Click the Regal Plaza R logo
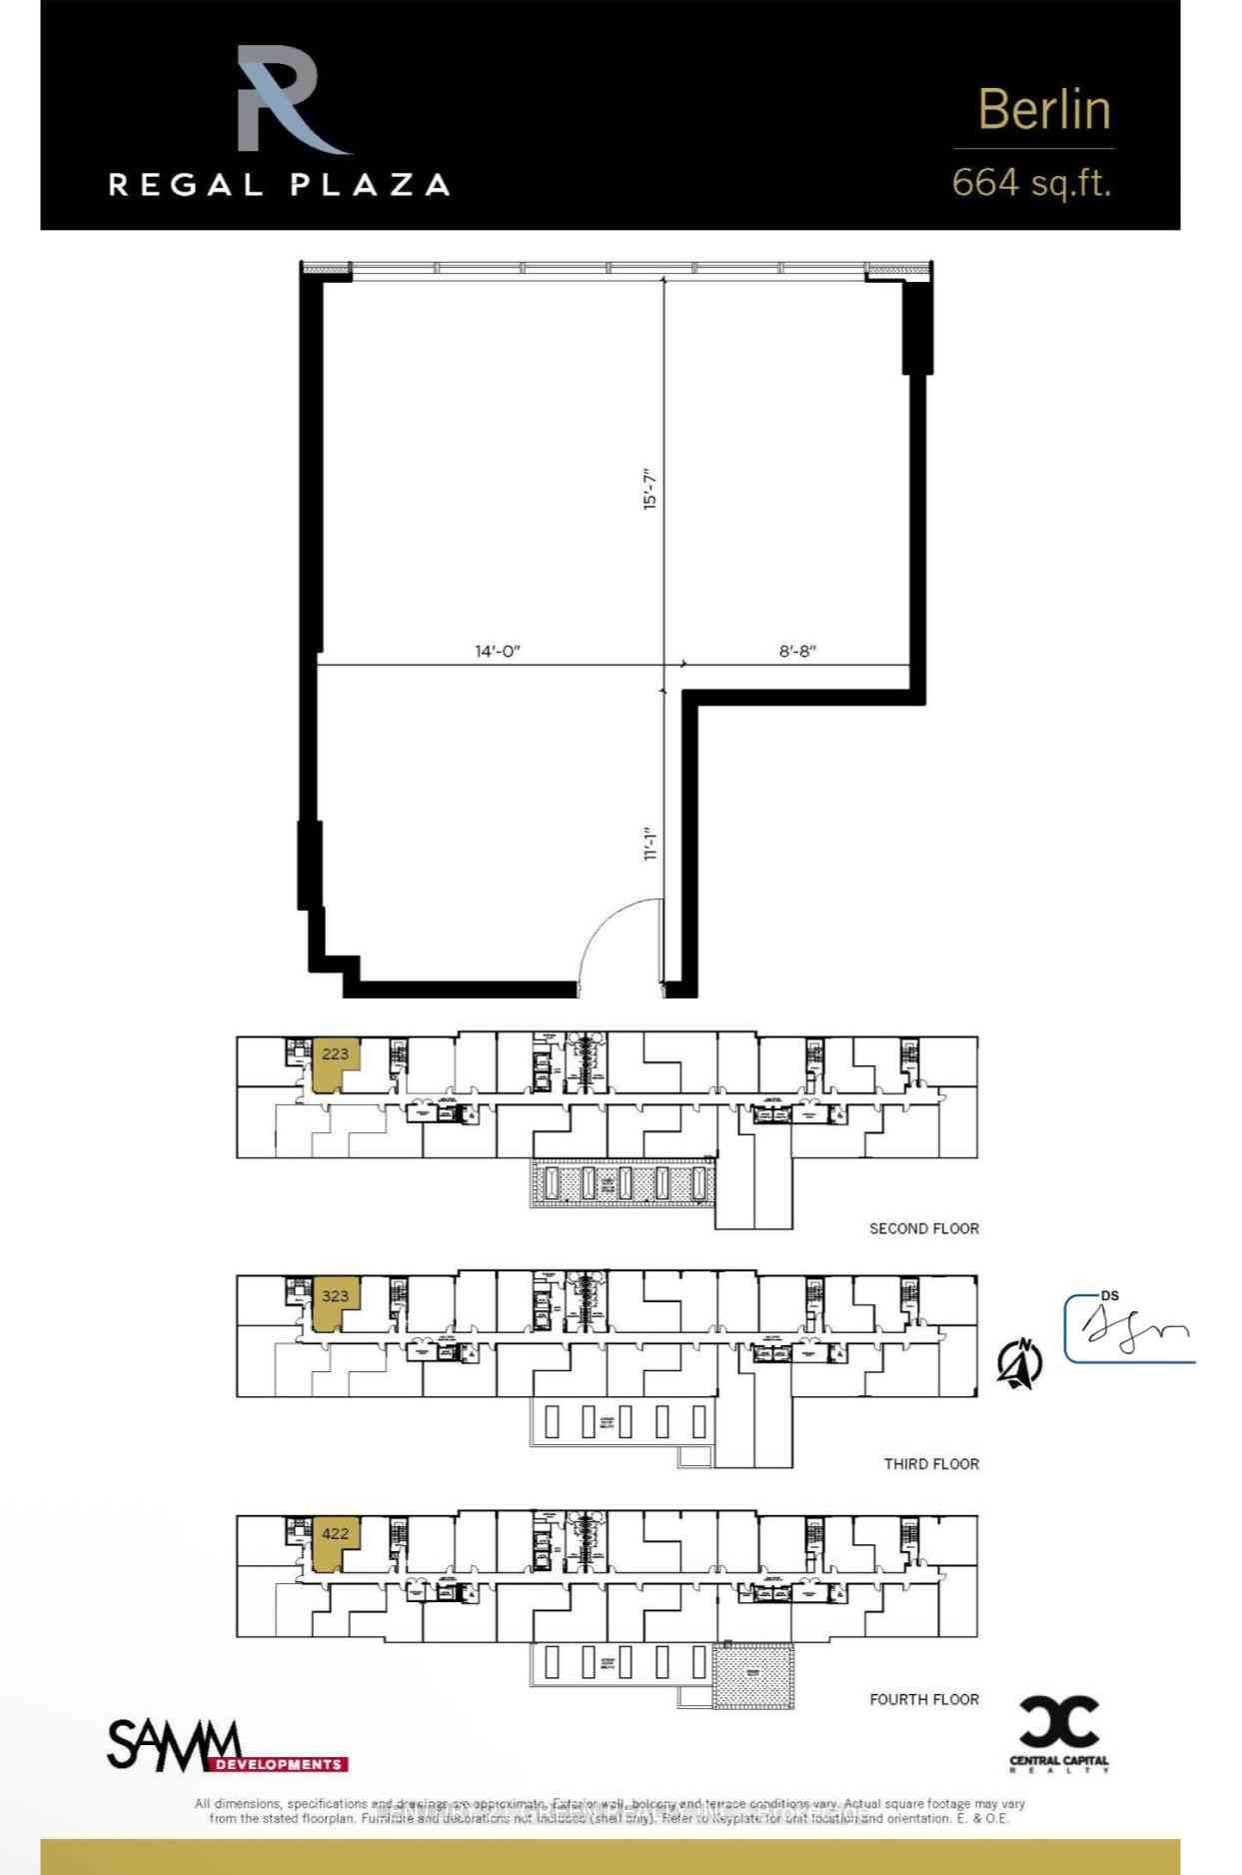[x=285, y=100]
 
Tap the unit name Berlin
[x=1043, y=109]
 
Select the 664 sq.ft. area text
[x=1030, y=183]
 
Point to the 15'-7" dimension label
[x=650, y=489]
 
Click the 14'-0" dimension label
[x=498, y=652]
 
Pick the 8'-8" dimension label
[x=797, y=652]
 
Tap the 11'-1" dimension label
[x=650, y=844]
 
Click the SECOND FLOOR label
[x=923, y=1228]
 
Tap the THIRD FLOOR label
[x=930, y=1464]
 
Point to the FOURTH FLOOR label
[x=923, y=1699]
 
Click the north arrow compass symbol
[x=1019, y=1362]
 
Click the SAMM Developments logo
[x=227, y=1745]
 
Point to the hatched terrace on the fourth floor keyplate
[x=754, y=1675]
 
